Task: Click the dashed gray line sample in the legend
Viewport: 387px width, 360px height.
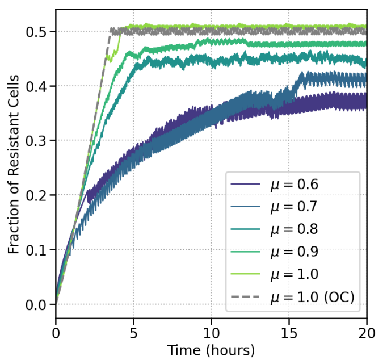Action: coord(246,296)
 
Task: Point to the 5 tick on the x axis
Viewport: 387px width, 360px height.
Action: coord(133,330)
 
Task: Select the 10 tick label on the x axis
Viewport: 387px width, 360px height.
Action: coord(211,330)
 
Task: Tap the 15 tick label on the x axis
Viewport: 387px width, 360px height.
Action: coord(289,330)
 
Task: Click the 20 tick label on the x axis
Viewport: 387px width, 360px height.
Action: coord(367,330)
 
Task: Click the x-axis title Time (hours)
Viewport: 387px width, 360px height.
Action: coord(211,348)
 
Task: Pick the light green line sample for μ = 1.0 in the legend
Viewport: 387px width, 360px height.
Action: coord(246,274)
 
